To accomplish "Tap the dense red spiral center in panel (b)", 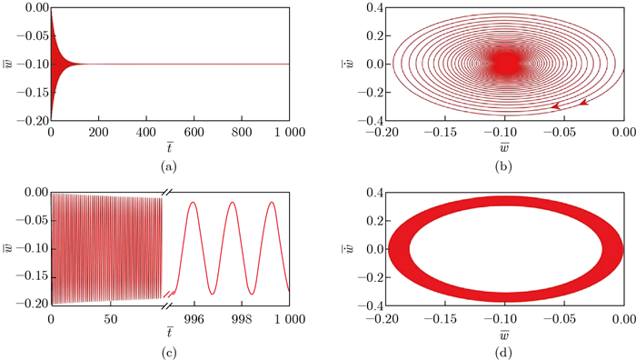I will point(504,64).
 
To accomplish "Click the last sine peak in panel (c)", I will point(272,202).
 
